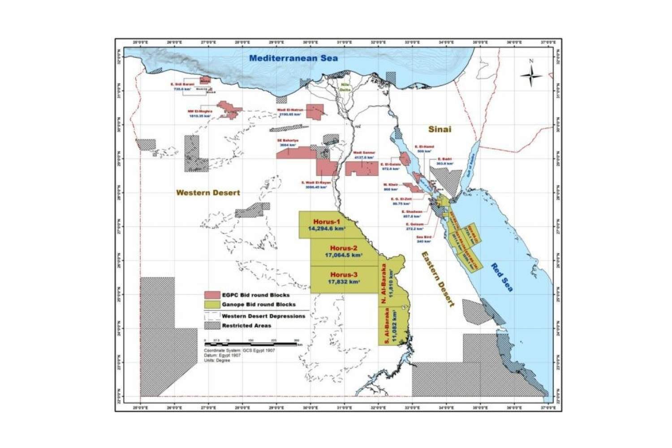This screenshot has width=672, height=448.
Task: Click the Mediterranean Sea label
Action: [x=293, y=58]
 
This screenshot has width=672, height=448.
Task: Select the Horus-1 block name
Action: [x=327, y=222]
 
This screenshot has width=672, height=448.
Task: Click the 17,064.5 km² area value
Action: [x=344, y=255]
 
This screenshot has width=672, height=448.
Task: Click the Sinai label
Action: [x=439, y=129]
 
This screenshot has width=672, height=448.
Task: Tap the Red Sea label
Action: [x=502, y=277]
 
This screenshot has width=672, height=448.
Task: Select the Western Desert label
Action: [x=208, y=193]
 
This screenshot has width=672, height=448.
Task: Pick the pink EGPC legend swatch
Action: [x=211, y=295]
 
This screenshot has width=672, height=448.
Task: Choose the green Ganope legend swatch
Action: [x=211, y=305]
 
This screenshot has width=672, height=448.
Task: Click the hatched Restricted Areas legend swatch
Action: [x=211, y=326]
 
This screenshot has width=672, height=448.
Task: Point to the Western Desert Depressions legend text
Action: [x=263, y=316]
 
